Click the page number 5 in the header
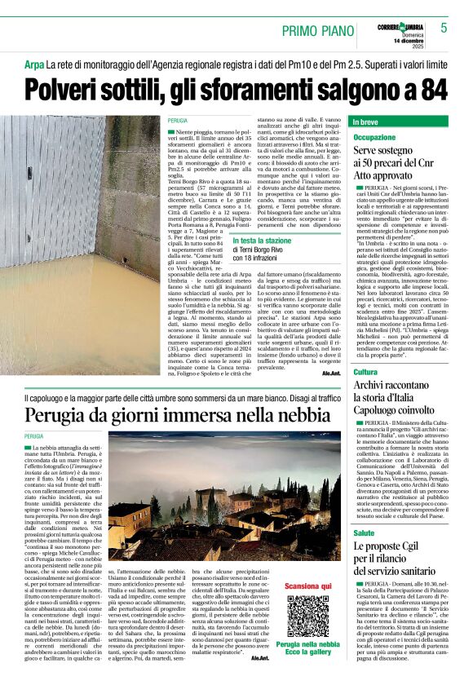click(x=444, y=29)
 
